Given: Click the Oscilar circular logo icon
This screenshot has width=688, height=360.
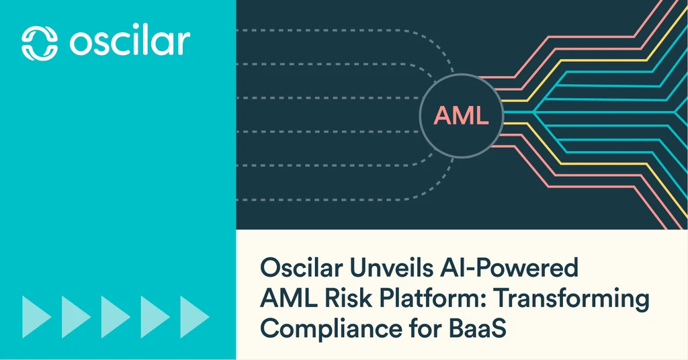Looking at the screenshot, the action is [x=40, y=43].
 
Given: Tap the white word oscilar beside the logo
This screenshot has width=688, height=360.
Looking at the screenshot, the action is [x=130, y=42].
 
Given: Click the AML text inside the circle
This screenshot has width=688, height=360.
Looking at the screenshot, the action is [x=461, y=116].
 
